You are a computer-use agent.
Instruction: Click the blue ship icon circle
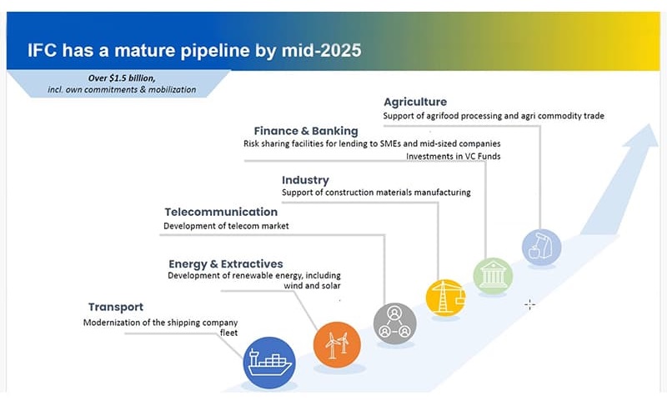coord(269,363)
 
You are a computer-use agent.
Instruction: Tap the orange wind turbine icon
coord(337,344)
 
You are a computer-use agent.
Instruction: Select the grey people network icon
coord(394,324)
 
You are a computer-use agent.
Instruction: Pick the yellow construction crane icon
coord(445,298)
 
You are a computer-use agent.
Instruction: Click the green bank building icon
coord(493,277)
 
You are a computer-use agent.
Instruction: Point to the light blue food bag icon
coord(541,248)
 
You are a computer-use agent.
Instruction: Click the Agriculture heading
coord(415,102)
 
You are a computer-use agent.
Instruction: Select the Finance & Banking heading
coord(306,131)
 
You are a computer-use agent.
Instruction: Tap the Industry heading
coord(305,180)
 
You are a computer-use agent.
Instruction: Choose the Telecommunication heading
coord(221,212)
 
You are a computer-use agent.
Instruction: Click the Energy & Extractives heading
coord(225,264)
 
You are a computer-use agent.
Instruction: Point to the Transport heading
coord(116,307)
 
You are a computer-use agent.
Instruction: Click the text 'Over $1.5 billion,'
coord(122,78)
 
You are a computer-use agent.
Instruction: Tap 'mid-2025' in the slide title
coord(321,51)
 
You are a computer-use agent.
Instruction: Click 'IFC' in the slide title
coord(42,51)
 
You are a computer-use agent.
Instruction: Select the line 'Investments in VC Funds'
coord(453,157)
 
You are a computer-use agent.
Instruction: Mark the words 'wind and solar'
coord(312,286)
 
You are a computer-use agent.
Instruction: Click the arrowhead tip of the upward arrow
coord(650,124)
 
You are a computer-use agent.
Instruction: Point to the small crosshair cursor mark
coord(529,304)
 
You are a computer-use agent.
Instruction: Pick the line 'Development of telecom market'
coord(226,226)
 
